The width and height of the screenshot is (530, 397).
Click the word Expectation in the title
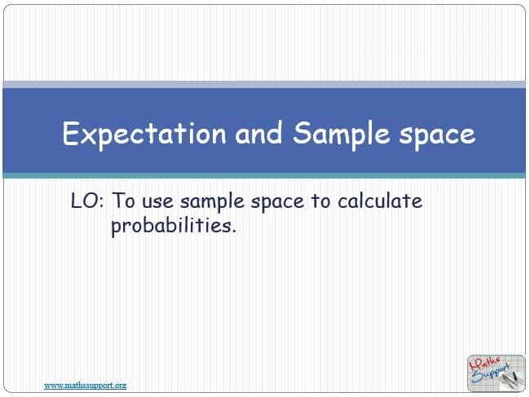[x=144, y=134]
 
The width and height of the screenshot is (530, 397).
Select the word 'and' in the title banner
[x=258, y=133]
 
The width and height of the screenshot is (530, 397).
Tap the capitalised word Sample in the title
[x=342, y=135]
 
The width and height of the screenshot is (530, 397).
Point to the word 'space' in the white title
[x=437, y=136]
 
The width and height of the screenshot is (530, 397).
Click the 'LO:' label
[x=87, y=201]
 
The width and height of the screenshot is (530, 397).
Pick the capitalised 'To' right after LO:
[x=123, y=201]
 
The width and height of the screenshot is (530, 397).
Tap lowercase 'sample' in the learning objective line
[x=212, y=202]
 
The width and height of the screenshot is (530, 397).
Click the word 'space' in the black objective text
[x=277, y=203]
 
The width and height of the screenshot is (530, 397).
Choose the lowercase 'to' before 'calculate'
[x=321, y=201]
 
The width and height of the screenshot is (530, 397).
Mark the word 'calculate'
[x=380, y=201]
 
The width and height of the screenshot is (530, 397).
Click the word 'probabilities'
[x=170, y=226]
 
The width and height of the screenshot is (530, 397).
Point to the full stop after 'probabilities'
[x=233, y=231]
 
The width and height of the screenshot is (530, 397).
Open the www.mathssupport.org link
[x=85, y=385]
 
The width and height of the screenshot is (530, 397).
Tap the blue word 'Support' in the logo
[x=490, y=373]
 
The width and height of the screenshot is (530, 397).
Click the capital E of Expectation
[x=70, y=134]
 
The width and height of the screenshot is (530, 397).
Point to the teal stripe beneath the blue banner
[x=264, y=175]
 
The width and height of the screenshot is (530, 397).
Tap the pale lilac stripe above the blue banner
[x=264, y=85]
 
